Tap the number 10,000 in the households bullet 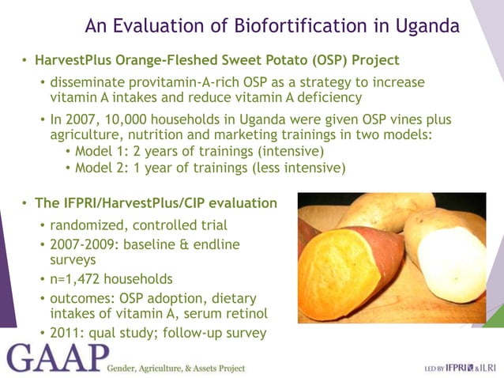[x=119, y=119]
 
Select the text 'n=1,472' [x=77, y=278]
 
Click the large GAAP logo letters [x=53, y=361]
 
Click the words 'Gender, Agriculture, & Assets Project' [x=175, y=368]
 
